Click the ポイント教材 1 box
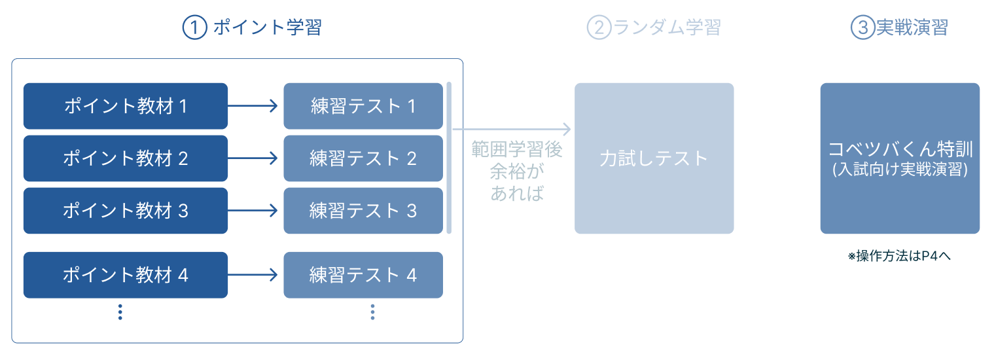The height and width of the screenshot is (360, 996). pyautogui.click(x=126, y=106)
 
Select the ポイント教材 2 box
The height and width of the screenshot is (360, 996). pyautogui.click(x=126, y=158)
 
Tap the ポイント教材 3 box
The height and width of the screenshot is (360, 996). pyautogui.click(x=126, y=211)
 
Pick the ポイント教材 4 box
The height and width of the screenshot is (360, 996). pyautogui.click(x=126, y=275)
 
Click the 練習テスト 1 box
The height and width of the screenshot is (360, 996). pyautogui.click(x=363, y=106)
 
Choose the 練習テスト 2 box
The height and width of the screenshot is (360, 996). pyautogui.click(x=363, y=158)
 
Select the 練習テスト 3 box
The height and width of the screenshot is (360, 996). pyautogui.click(x=363, y=211)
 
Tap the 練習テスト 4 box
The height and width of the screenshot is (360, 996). pyautogui.click(x=363, y=275)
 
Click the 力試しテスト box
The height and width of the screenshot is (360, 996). pyautogui.click(x=654, y=158)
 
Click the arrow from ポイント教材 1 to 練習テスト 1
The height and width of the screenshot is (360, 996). pyautogui.click(x=255, y=106)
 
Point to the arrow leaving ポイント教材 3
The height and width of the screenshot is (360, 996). pyautogui.click(x=255, y=211)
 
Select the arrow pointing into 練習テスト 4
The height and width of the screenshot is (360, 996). pyautogui.click(x=255, y=275)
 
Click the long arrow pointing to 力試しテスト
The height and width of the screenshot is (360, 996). pyautogui.click(x=511, y=130)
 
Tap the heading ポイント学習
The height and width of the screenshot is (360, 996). pyautogui.click(x=267, y=28)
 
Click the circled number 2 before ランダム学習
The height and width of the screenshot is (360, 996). pyautogui.click(x=598, y=28)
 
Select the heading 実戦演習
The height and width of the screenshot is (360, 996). pyautogui.click(x=912, y=28)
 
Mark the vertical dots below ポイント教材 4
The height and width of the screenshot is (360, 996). pyautogui.click(x=120, y=312)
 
